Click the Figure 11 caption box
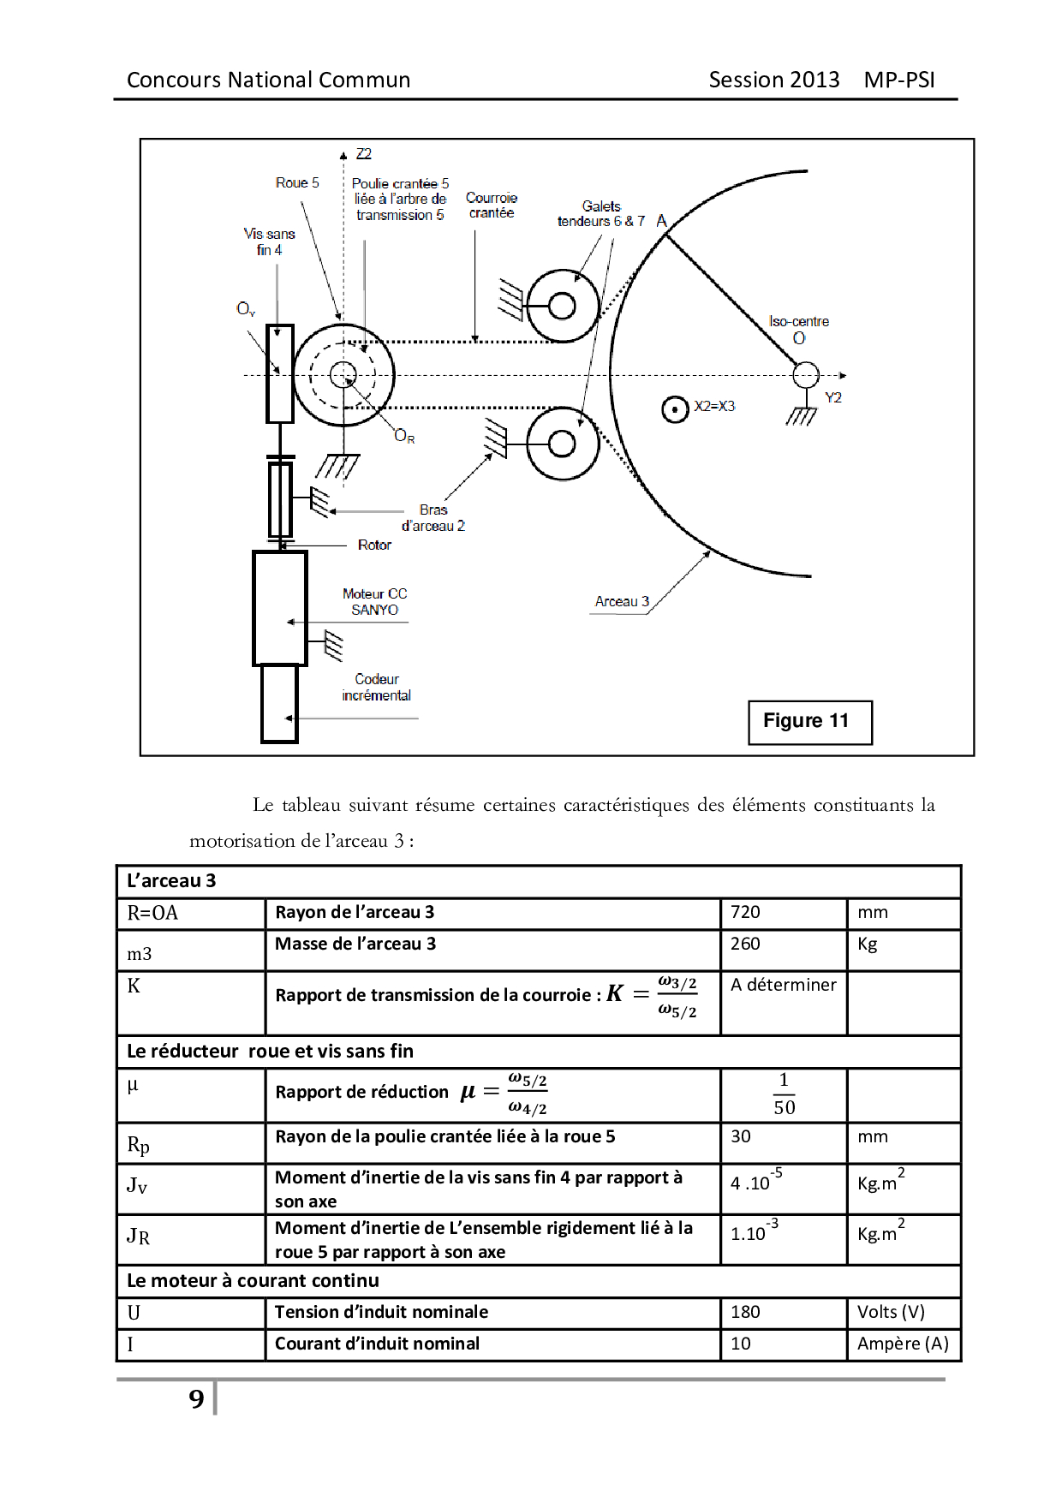tap(809, 722)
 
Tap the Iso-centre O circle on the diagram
tap(805, 375)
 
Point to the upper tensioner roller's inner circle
tap(562, 306)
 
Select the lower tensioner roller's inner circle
tap(562, 444)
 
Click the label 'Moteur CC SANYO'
tap(374, 601)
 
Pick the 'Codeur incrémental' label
tap(376, 687)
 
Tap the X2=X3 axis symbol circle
tap(675, 409)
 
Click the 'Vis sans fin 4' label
tap(269, 241)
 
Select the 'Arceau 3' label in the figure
tap(622, 601)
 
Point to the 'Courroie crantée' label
tap(492, 205)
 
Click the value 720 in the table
tap(745, 912)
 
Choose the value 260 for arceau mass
tap(745, 944)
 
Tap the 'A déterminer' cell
tap(783, 985)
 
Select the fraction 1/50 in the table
tap(784, 1094)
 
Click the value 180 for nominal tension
tap(745, 1312)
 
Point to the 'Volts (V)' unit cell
tap(891, 1312)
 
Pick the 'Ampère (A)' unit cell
tap(903, 1344)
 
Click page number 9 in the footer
tap(197, 1398)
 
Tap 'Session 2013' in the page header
tap(773, 80)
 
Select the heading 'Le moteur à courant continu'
tap(253, 1280)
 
